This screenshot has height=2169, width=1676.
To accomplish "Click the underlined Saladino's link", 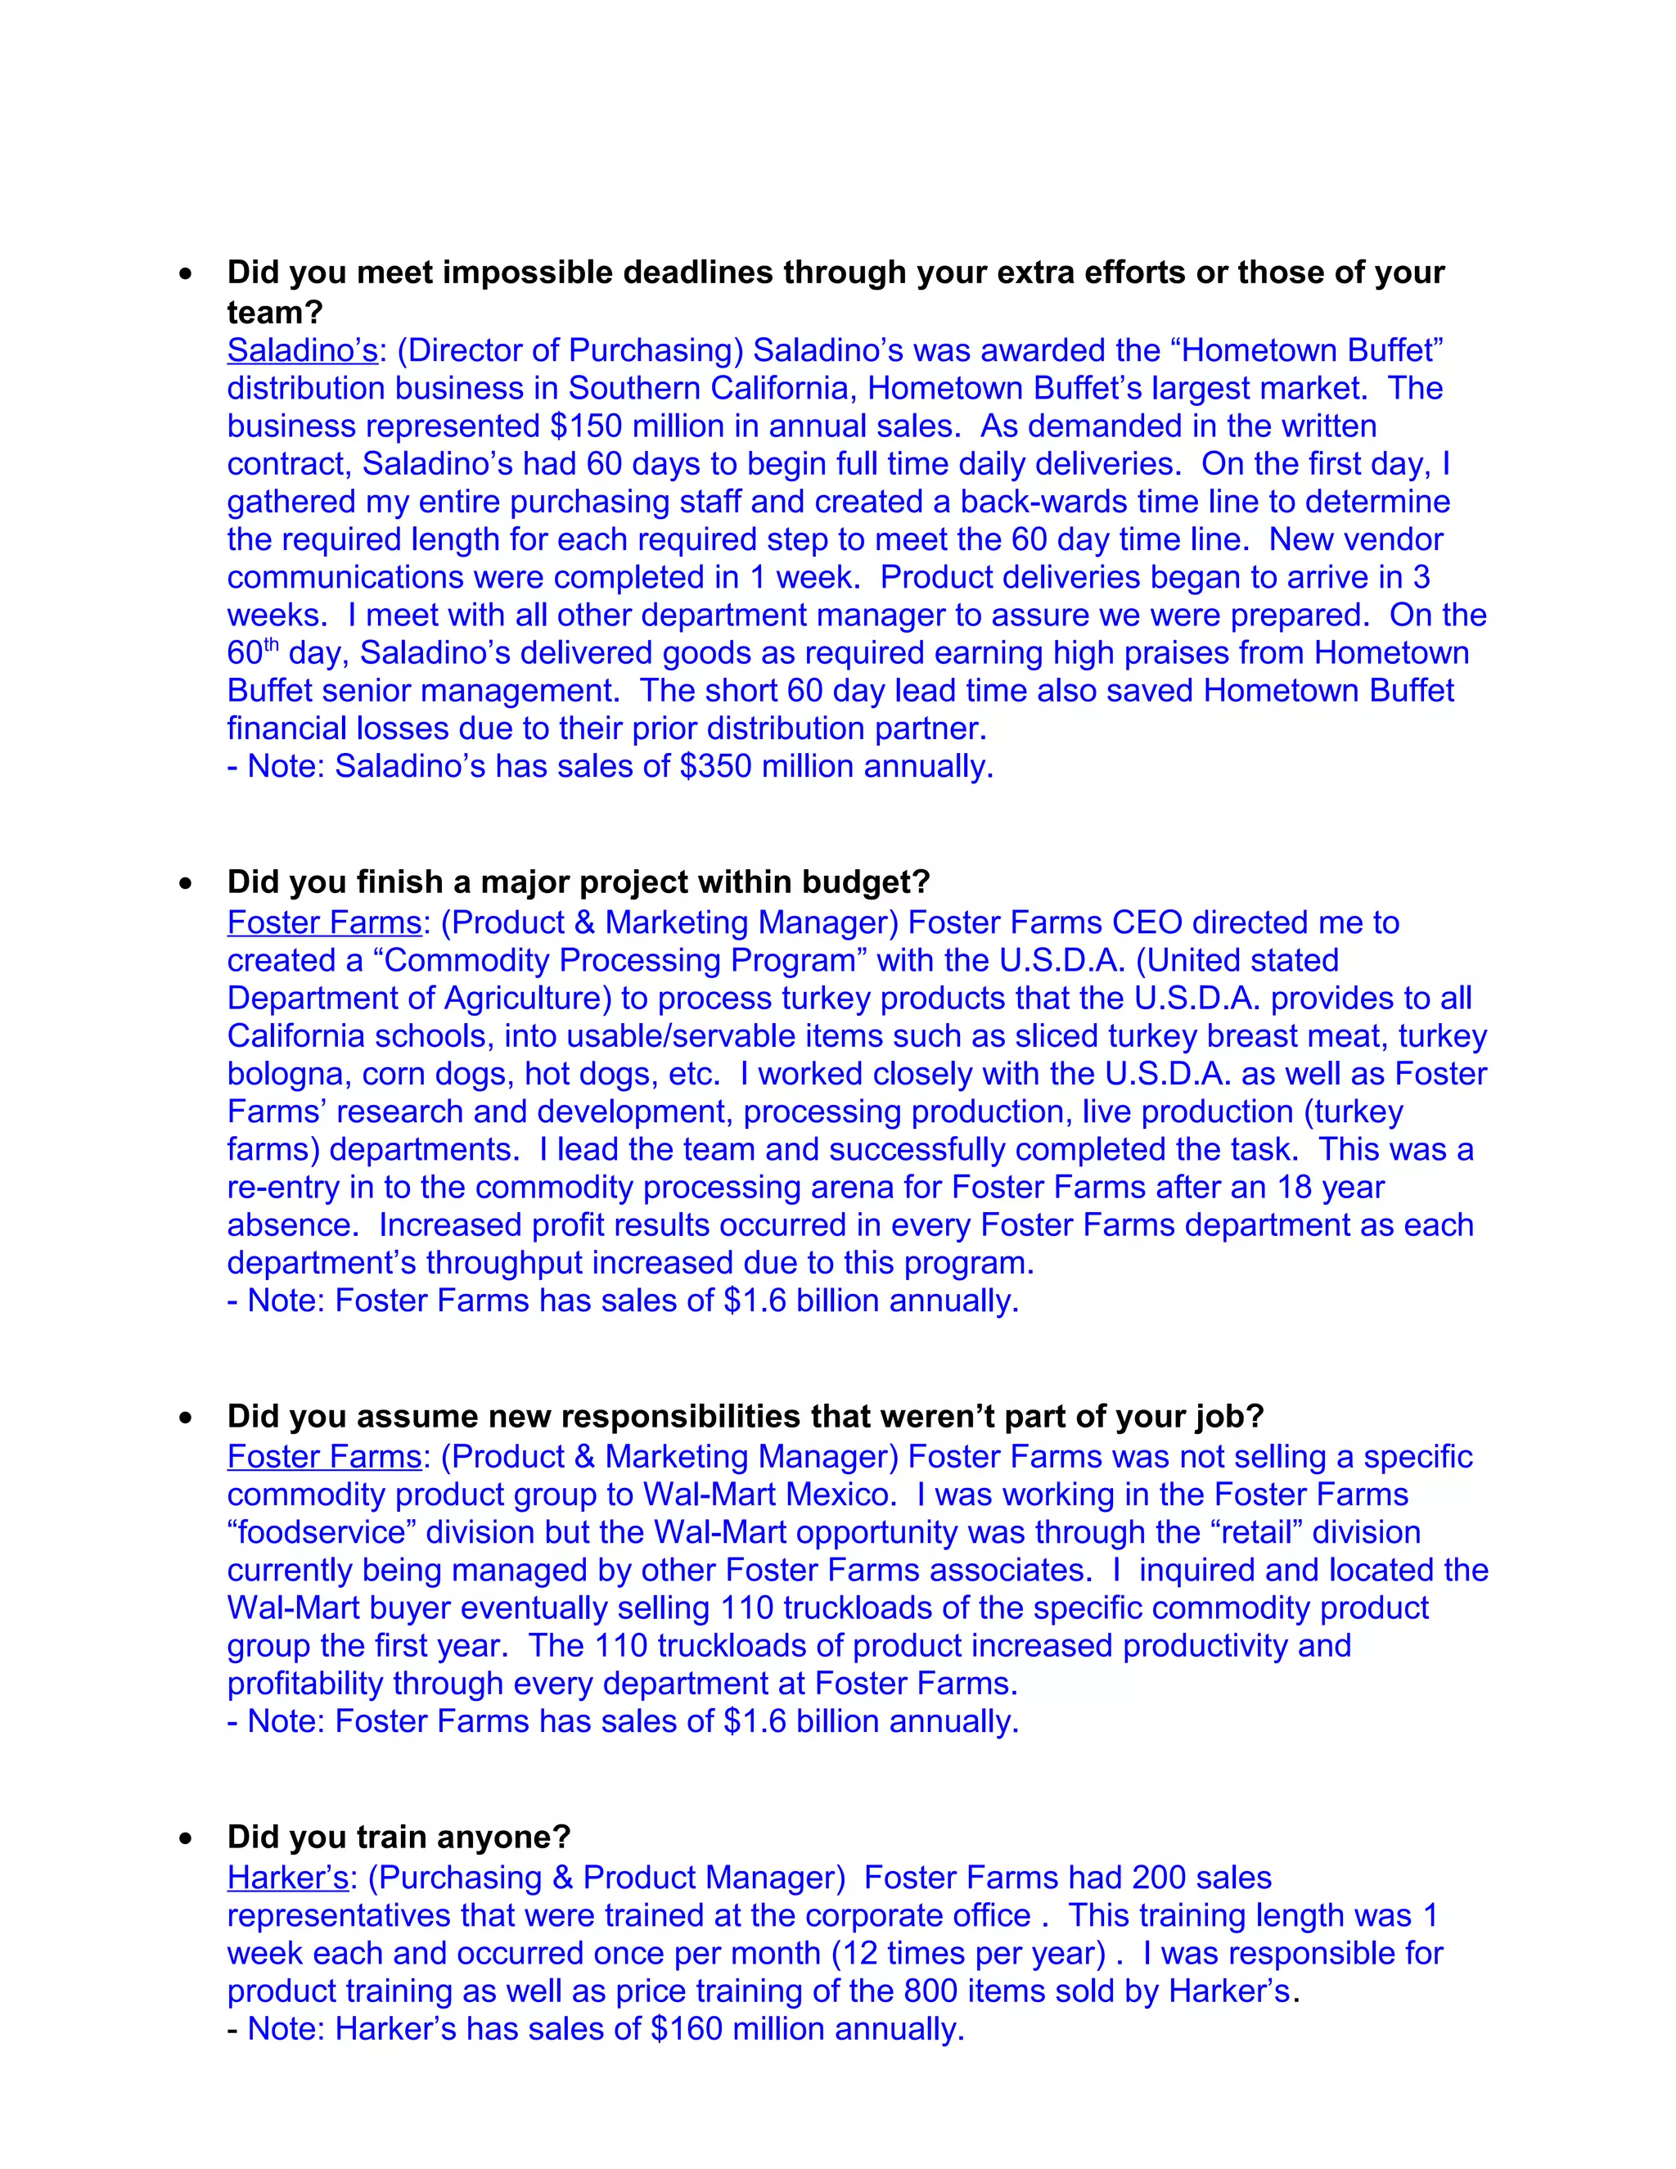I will click(302, 350).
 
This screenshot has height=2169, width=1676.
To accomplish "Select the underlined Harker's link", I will click(287, 1877).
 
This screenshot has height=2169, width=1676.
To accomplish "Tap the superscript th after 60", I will click(271, 644).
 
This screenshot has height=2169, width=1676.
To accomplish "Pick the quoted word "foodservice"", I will click(322, 1531).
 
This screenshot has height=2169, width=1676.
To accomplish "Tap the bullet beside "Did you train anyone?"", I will click(186, 1838).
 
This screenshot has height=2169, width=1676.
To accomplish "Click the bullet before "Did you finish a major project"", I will click(186, 883).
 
